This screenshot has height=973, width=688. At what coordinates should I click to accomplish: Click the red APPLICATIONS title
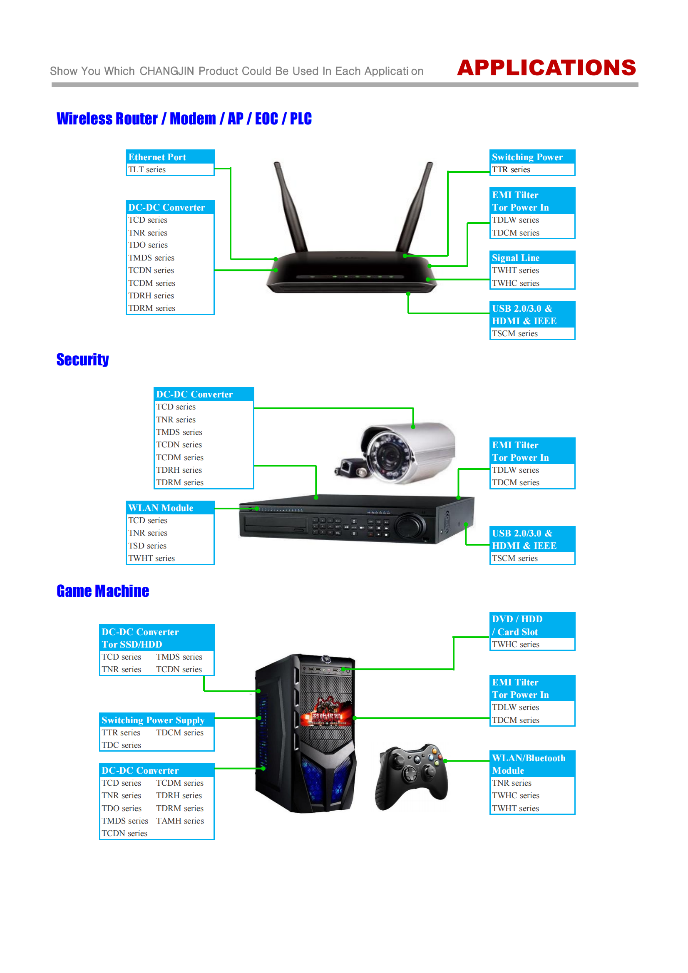546,68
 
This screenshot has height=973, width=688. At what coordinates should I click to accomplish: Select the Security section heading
83,360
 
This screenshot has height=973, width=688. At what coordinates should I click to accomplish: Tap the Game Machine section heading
103,591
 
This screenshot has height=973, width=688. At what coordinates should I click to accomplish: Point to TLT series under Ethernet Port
147,169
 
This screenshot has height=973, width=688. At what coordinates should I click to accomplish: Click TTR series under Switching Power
511,169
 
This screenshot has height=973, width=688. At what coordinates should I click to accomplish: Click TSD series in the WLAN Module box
147,546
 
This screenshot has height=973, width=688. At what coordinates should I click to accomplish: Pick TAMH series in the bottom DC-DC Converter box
180,820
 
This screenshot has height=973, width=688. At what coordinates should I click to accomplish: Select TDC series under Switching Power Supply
121,745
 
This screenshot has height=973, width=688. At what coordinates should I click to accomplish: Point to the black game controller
411,777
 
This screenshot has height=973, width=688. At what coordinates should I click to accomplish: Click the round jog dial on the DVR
410,526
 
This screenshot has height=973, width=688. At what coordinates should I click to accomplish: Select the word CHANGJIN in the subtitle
167,71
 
